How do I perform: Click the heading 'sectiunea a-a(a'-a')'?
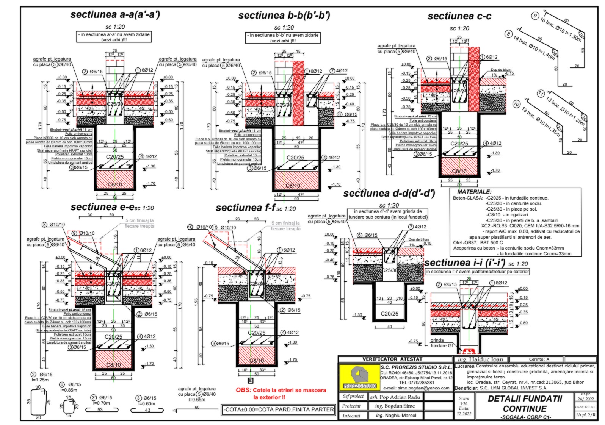[115, 15]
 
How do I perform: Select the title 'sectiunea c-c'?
[459, 16]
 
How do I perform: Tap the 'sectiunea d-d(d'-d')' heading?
[389, 194]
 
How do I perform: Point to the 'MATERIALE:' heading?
[474, 192]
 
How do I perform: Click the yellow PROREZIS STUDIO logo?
[359, 377]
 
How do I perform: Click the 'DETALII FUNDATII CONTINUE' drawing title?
[525, 404]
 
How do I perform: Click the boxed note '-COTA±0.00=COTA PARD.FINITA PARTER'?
[279, 409]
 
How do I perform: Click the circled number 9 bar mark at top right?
[535, 16]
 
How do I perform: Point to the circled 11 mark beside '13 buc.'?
[541, 94]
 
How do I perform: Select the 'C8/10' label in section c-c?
[459, 171]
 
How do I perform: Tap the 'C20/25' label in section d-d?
[389, 314]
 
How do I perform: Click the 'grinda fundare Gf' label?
[441, 343]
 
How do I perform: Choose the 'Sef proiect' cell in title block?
[353, 397]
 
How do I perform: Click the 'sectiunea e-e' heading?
[102, 207]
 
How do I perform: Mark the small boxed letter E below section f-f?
[250, 381]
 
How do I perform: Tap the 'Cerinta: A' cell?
[539, 359]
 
